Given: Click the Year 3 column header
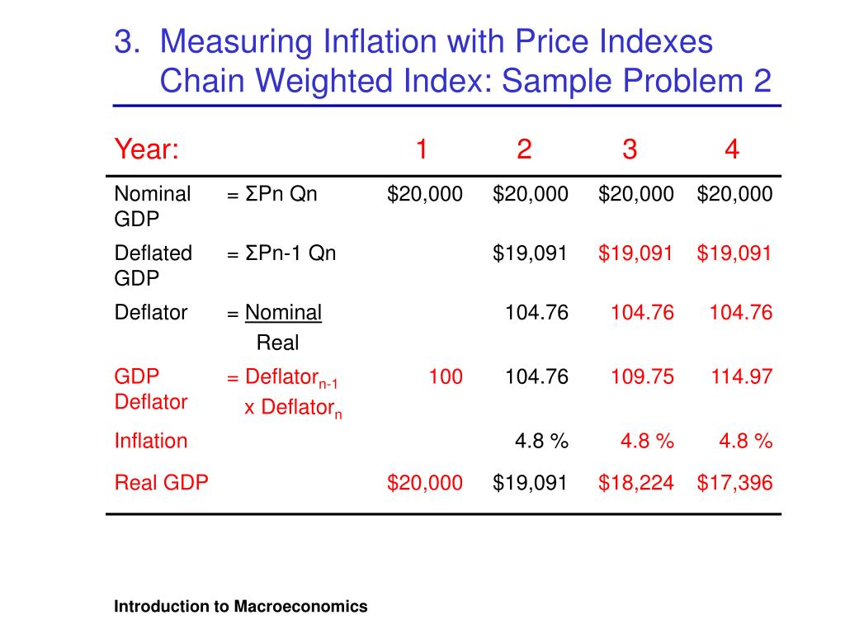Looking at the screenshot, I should [630, 150].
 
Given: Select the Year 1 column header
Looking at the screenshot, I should [421, 150].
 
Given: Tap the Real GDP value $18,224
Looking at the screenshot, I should [636, 483].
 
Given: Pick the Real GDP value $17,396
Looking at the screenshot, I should [734, 483].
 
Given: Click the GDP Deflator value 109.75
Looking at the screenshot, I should [642, 377].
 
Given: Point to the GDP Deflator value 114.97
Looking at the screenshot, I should [742, 377].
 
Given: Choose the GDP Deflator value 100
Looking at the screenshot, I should [445, 377].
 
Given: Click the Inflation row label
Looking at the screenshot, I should [151, 441].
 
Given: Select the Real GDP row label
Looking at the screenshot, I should [161, 483].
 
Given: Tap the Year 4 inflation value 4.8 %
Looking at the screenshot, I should [745, 442].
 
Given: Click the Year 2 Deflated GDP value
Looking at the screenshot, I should [531, 253].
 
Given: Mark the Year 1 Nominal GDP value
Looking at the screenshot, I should [425, 195].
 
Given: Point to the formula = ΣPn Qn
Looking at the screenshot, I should [271, 195].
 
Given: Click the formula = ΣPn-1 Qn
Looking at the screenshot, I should [281, 253].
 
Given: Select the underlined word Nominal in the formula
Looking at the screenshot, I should [283, 313].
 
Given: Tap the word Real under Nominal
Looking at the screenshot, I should [277, 343].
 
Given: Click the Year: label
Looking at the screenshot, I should [147, 150].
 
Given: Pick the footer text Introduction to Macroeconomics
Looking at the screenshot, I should [240, 607].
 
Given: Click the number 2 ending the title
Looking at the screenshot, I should [762, 82].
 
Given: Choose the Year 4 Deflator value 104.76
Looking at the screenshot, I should [742, 313].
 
